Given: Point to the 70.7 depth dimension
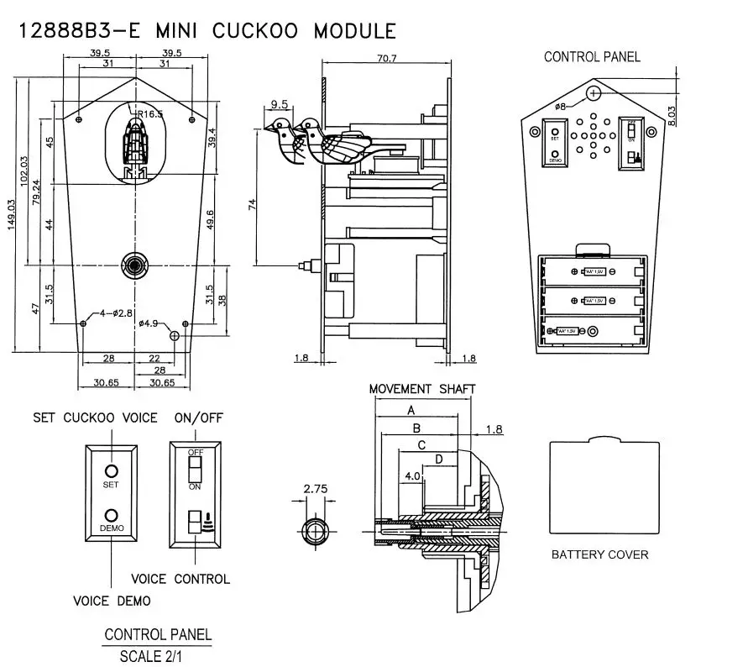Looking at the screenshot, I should [388, 59].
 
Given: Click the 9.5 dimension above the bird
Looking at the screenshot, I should [280, 105].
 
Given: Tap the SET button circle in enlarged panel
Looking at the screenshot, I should [111, 471].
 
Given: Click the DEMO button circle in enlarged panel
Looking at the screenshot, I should [111, 514].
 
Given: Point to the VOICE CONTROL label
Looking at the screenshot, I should [180, 579].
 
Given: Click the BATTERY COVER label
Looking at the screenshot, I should [599, 554].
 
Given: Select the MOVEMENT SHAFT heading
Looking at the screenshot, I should [422, 389].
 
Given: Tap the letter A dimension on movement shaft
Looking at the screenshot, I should [411, 410].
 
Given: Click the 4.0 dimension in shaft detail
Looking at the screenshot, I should [412, 475].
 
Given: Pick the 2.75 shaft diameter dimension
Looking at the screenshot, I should [315, 488].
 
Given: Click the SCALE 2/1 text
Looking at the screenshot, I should [157, 655].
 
